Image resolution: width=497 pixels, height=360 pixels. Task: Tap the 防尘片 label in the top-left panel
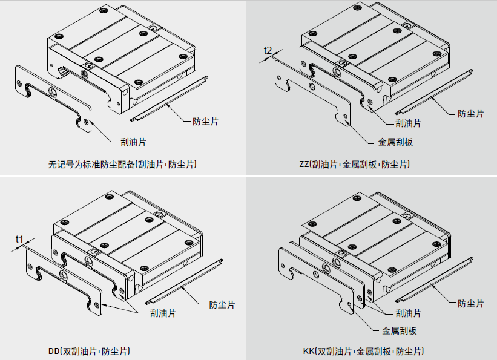point(206,121)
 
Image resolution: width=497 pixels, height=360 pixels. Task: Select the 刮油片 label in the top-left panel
point(133,142)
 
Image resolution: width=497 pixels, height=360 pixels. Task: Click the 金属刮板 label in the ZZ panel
point(395,143)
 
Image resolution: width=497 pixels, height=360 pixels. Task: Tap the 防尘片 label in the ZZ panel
point(470,113)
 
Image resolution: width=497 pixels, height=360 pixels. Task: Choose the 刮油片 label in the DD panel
point(163,313)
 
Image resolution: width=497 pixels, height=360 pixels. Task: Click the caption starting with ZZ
point(354,164)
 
